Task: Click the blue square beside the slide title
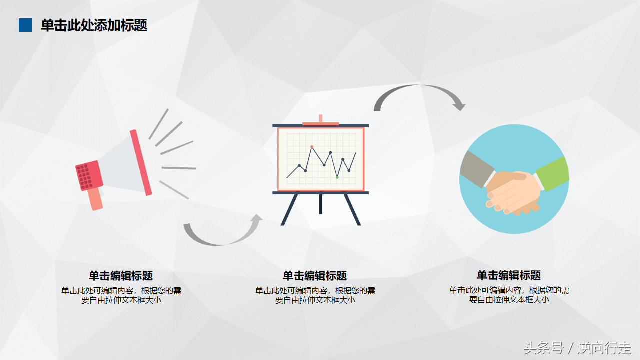tap(25, 25)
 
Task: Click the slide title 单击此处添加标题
tap(94, 25)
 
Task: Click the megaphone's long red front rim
tap(141, 163)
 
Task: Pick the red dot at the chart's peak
tap(312, 147)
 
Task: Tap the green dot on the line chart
tap(337, 177)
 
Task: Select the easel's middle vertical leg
tap(320, 204)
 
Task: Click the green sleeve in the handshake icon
tap(553, 173)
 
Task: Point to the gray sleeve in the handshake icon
tap(472, 169)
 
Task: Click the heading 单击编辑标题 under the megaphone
tap(121, 276)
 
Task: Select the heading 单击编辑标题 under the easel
tap(315, 276)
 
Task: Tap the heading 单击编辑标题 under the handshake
tap(509, 275)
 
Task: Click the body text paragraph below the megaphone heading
tap(121, 295)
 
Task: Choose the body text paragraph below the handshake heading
tap(509, 295)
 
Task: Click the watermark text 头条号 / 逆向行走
tap(577, 348)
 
